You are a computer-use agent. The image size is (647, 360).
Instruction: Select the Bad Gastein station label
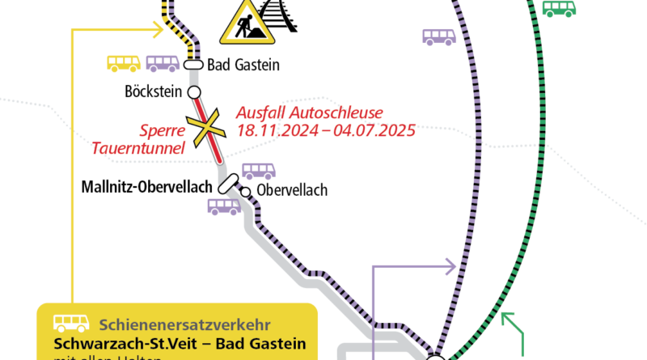click(243, 66)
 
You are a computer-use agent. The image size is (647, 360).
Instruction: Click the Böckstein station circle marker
click(194, 91)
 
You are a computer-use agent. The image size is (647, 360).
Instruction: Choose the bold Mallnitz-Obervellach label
click(146, 187)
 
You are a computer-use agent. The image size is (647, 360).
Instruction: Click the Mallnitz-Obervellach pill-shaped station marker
click(228, 184)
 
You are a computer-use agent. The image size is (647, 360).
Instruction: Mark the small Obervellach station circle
click(245, 192)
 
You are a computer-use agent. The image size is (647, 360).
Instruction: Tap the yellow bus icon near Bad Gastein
click(124, 63)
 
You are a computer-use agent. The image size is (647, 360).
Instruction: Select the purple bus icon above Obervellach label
click(259, 171)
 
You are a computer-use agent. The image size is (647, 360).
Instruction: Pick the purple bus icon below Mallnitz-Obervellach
click(224, 207)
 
